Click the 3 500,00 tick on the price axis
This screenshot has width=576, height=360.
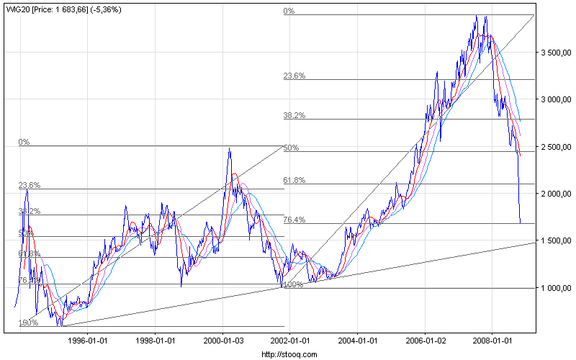555,53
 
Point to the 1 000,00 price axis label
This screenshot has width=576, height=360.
555,289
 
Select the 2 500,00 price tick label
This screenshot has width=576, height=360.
555,148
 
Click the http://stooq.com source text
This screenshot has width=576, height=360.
288,354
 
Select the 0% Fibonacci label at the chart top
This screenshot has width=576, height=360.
289,11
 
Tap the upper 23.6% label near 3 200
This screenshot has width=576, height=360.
295,75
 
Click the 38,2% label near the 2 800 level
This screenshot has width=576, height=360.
295,114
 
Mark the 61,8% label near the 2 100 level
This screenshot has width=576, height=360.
295,180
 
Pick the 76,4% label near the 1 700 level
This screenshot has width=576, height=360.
295,220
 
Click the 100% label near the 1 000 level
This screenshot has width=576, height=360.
294,284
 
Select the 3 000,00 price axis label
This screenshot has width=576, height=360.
555,100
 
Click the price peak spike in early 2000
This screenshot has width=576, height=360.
230,149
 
